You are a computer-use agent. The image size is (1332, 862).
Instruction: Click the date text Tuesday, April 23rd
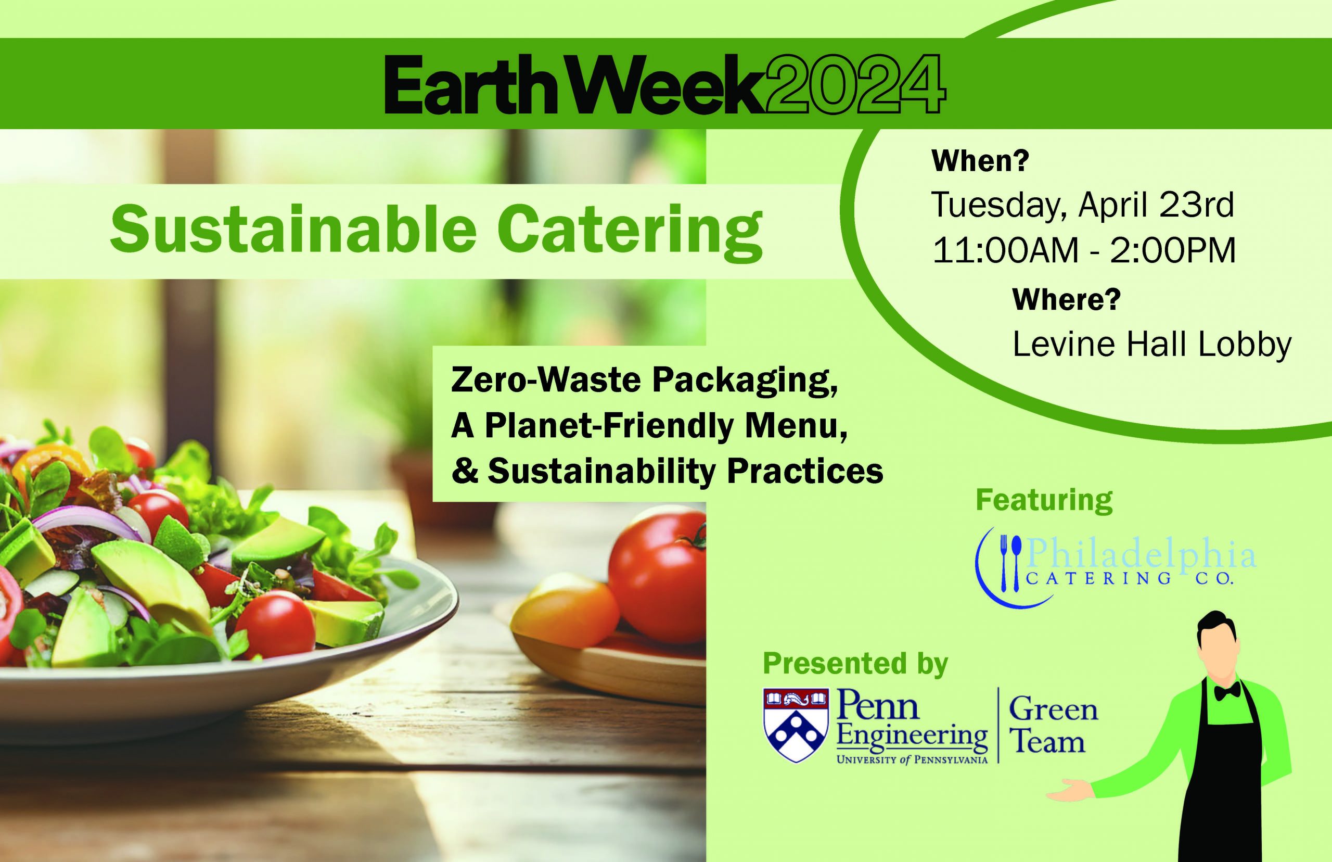(1082, 206)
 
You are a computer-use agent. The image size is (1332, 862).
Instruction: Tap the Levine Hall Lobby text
(1152, 344)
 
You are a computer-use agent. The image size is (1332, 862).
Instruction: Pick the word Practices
(805, 471)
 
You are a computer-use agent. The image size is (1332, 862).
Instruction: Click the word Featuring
(1044, 500)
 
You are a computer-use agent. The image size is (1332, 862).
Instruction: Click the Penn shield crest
(796, 725)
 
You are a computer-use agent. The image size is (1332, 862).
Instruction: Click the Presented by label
(855, 663)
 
